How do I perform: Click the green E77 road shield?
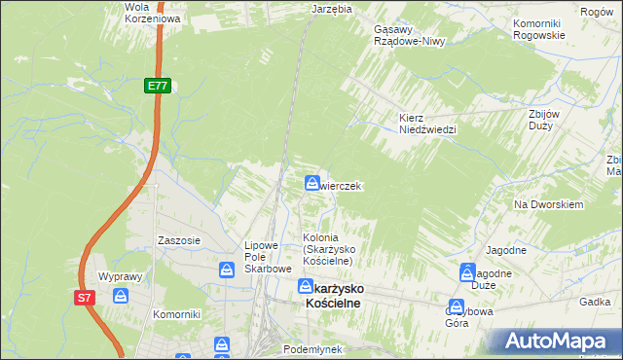click(x=158, y=87)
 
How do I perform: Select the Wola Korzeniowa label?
click(x=143, y=12)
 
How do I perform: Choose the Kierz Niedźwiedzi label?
click(x=427, y=124)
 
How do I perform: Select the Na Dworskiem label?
click(x=548, y=205)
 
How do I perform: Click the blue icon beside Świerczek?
click(x=311, y=183)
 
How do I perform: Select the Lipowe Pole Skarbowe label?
click(x=268, y=257)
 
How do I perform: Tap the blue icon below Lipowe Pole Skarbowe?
click(x=227, y=270)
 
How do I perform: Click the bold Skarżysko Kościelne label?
click(x=335, y=296)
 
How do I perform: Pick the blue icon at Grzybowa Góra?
click(x=457, y=306)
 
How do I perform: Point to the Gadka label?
click(x=593, y=303)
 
